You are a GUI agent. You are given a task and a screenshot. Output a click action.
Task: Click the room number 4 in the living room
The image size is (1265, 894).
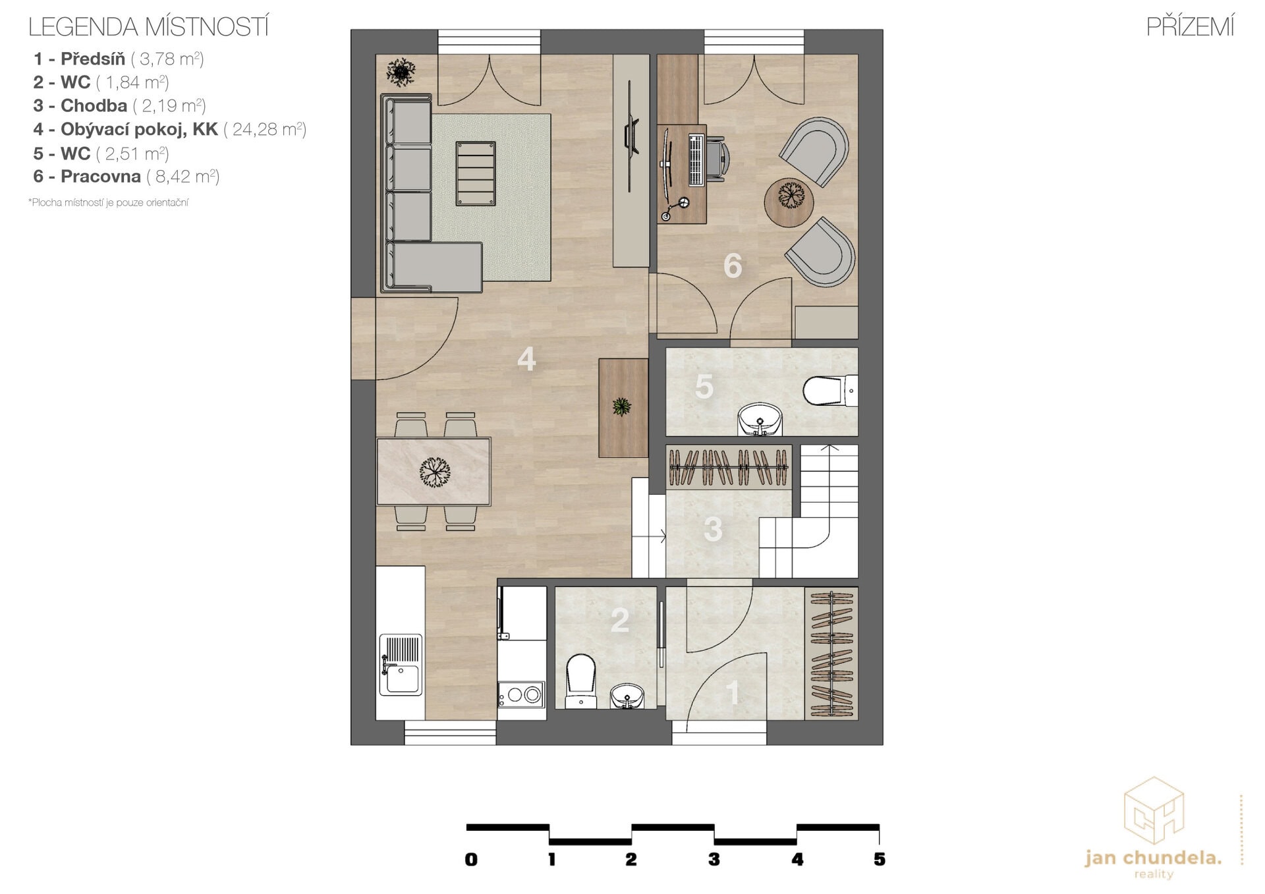click(526, 360)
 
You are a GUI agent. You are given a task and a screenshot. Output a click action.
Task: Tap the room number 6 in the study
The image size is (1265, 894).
click(733, 266)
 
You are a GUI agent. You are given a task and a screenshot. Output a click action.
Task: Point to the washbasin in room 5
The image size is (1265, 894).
click(760, 420)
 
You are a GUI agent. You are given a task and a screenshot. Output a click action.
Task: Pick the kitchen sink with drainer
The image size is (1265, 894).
click(401, 665)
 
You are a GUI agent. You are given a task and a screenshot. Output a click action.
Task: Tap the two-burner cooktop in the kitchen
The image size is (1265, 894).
click(521, 694)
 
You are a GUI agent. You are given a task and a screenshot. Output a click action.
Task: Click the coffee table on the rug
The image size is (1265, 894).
click(475, 173)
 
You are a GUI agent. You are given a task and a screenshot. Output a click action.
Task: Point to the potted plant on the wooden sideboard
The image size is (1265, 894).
click(621, 406)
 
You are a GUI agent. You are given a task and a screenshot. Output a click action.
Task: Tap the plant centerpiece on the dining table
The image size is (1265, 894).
click(434, 472)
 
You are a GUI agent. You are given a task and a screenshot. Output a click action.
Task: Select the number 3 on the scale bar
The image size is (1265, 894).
click(714, 859)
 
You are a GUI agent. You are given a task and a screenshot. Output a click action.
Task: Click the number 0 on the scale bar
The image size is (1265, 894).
click(471, 859)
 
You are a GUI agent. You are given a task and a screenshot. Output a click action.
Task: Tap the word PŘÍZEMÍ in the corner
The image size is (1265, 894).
click(1190, 27)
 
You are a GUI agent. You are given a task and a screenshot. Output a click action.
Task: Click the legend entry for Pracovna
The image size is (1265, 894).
click(126, 177)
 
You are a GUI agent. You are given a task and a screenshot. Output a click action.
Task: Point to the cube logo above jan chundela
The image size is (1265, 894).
click(1154, 810)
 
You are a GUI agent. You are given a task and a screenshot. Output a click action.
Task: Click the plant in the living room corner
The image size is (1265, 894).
click(401, 72)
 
